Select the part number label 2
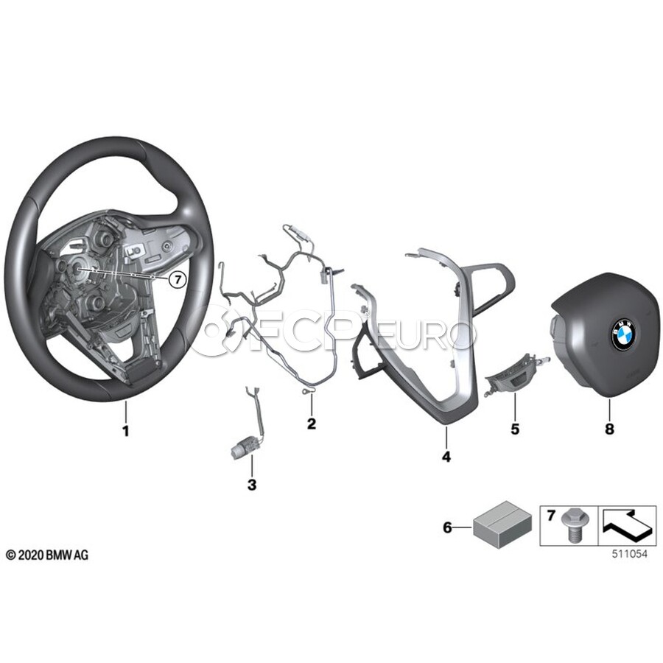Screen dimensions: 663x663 click(312, 424)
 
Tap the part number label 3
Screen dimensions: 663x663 click(251, 485)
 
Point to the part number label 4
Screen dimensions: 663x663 click(446, 457)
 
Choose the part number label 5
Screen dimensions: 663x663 click(515, 428)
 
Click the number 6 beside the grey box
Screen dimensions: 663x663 click(446, 527)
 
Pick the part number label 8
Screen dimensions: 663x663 click(609, 428)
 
